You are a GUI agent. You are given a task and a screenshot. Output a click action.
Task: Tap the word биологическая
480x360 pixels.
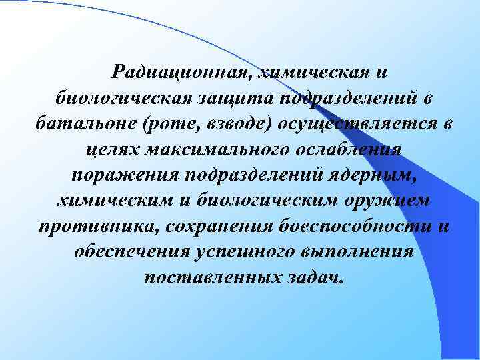(x=121, y=98)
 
